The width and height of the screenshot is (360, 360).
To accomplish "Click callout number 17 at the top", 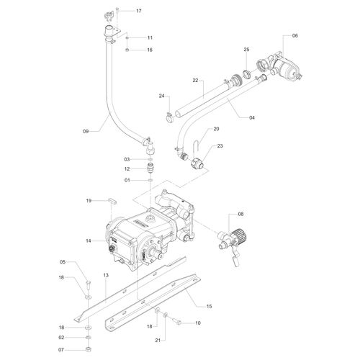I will pos(139,12).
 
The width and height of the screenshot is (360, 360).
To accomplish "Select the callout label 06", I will pos(294,35).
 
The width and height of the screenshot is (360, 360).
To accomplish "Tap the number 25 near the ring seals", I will pos(246,50).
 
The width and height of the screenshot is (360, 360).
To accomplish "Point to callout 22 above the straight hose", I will pos(194,81).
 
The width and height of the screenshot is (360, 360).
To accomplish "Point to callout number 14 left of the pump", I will pos(89,240).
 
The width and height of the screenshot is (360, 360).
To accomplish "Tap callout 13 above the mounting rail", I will pos(105,275).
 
